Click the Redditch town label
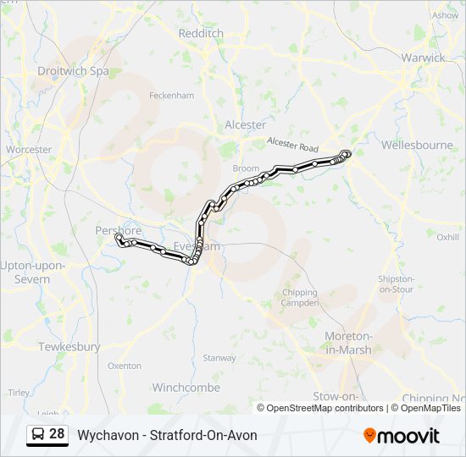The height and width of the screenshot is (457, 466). (x=201, y=33)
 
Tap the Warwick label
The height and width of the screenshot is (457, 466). (x=424, y=58)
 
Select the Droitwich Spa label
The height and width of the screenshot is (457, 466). (x=72, y=71)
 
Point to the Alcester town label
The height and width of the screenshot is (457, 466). (x=245, y=124)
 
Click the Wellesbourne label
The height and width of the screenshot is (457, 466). (x=417, y=145)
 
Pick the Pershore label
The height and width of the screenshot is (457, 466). (x=118, y=230)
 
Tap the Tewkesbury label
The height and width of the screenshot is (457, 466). (x=69, y=347)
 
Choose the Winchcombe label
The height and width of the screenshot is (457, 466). (x=186, y=388)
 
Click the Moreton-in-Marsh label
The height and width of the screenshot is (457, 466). (x=348, y=343)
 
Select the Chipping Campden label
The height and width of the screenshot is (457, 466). (x=300, y=297)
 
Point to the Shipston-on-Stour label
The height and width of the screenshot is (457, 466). (x=397, y=284)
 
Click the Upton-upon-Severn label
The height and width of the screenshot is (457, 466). (x=31, y=272)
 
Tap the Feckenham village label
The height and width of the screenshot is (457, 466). (x=172, y=96)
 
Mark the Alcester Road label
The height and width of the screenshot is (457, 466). (x=291, y=145)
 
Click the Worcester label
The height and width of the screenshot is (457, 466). (x=28, y=150)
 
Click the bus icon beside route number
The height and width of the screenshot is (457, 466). (x=38, y=434)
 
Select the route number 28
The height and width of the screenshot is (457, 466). (x=57, y=434)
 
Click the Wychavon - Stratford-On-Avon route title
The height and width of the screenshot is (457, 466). (x=167, y=435)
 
